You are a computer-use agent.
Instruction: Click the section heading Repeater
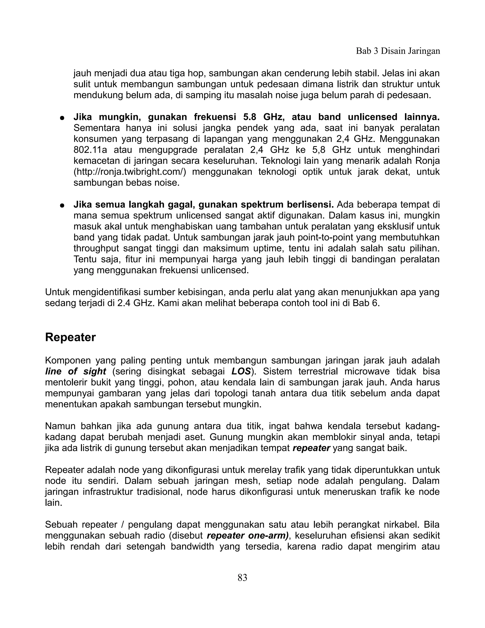[70, 337]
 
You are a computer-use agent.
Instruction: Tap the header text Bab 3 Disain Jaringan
[398, 51]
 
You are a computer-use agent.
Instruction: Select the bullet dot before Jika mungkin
[62, 118]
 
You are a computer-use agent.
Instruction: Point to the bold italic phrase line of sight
[76, 372]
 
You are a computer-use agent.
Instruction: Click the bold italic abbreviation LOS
[241, 372]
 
